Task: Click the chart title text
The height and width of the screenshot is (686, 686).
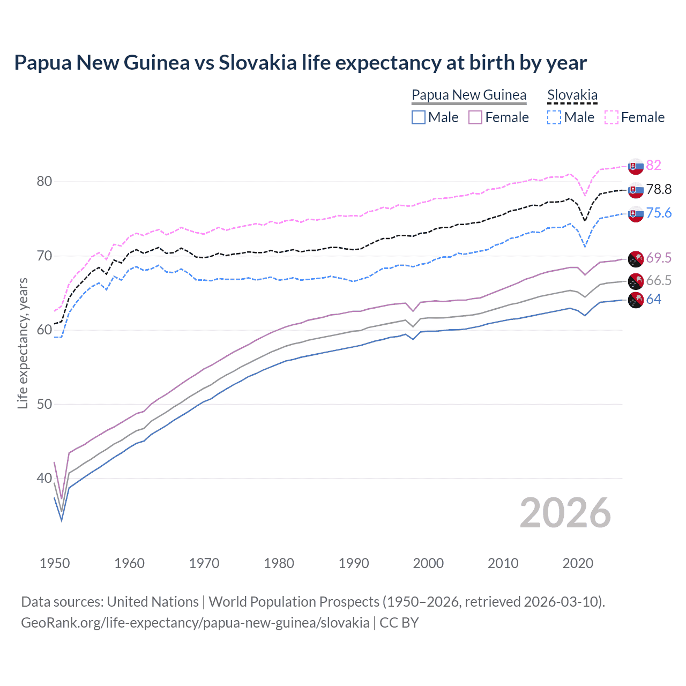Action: tap(300, 63)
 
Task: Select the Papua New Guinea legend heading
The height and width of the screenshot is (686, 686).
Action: tap(469, 95)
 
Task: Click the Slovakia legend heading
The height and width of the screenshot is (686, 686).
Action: tap(572, 95)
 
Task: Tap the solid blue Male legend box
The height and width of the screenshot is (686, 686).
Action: tap(419, 117)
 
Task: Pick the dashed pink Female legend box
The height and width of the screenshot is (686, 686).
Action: tap(612, 117)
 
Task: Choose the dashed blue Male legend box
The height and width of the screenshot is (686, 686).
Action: tap(554, 117)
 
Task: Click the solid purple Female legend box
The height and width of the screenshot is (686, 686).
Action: tap(475, 117)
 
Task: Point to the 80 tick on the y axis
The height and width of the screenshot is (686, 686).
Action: tap(44, 182)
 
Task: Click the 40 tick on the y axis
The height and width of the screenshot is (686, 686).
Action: tap(44, 478)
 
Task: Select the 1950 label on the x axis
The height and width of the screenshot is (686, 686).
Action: tap(55, 563)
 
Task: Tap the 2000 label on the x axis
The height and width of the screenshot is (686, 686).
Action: tap(428, 563)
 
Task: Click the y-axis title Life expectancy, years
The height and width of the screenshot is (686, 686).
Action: tap(23, 343)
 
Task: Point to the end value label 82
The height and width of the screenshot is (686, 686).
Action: tap(653, 165)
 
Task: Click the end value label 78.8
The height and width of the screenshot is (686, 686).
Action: tap(659, 189)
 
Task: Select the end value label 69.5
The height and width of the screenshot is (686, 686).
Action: tap(659, 258)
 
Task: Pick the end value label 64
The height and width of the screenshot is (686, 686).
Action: tap(653, 299)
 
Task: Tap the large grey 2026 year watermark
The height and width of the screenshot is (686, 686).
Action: tap(565, 513)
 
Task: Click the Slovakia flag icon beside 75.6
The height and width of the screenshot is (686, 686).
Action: tap(636, 213)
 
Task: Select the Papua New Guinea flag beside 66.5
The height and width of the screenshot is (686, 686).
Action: tap(636, 281)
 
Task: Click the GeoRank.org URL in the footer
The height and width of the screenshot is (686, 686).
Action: tap(195, 623)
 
